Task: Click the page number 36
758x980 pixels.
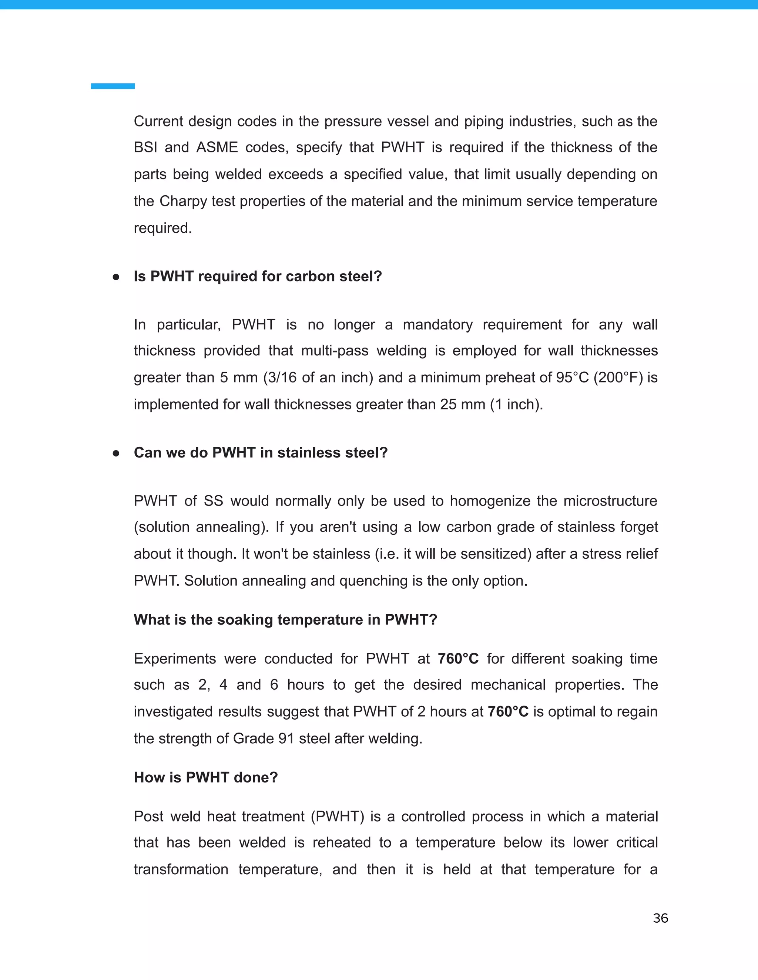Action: point(660,919)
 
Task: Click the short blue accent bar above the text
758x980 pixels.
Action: point(113,86)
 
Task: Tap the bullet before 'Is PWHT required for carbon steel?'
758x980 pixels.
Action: point(116,277)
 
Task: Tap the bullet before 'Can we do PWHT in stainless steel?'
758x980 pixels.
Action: point(116,453)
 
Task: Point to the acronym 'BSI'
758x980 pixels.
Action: point(145,148)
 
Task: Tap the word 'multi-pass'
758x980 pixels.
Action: point(334,351)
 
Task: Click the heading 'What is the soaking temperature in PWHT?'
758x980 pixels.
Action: point(285,620)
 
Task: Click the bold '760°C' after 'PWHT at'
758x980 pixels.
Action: point(458,659)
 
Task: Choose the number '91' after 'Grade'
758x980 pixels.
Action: point(286,739)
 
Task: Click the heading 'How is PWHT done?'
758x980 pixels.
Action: point(206,778)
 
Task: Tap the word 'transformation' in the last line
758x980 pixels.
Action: point(181,870)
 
